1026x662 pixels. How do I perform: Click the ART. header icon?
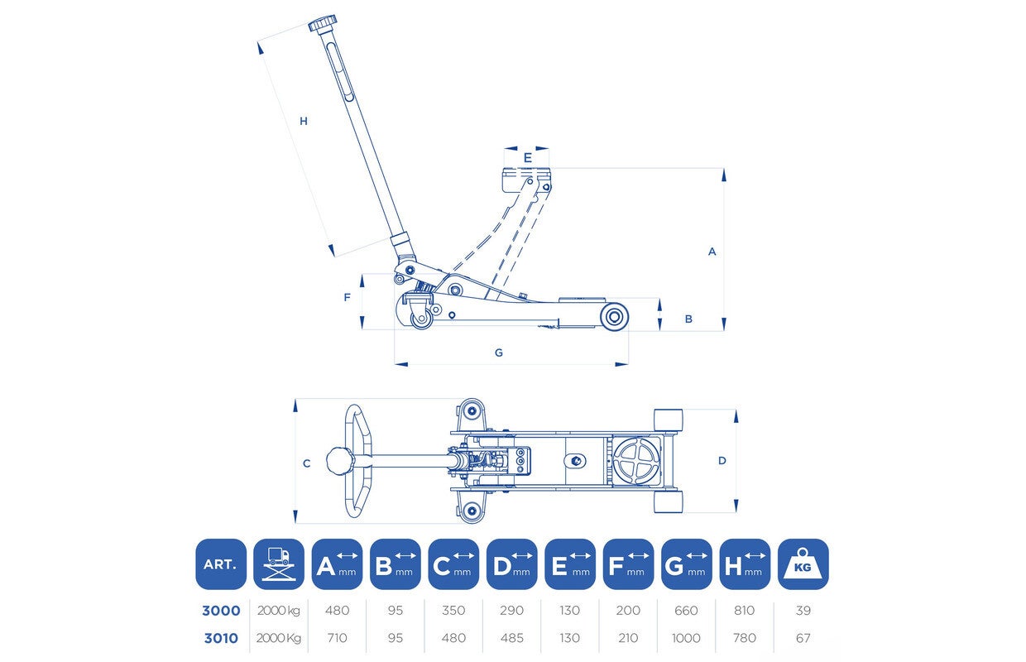[x=221, y=564]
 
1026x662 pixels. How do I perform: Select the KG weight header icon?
[x=803, y=564]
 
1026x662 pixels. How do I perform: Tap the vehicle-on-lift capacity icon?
[x=279, y=564]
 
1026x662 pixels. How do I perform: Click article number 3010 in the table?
[x=221, y=638]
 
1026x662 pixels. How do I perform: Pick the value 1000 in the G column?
[x=686, y=638]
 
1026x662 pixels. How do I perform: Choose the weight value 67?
[x=803, y=638]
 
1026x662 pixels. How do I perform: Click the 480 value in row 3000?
[x=337, y=611]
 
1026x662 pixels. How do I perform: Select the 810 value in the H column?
[x=745, y=611]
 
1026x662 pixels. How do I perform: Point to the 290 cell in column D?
[x=511, y=611]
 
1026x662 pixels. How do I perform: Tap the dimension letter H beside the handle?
[x=303, y=121]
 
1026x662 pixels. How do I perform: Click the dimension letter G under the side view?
[x=499, y=353]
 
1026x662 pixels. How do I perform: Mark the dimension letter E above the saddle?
[x=528, y=158]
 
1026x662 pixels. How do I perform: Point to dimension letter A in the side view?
[x=712, y=252]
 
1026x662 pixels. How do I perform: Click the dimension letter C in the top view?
[x=307, y=463]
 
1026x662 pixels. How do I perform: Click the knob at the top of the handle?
[x=323, y=23]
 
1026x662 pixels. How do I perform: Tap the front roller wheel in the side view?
[x=614, y=317]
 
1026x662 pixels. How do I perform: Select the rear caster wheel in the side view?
[x=421, y=319]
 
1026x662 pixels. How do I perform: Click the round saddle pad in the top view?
[x=636, y=461]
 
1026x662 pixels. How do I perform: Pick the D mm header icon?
[x=511, y=564]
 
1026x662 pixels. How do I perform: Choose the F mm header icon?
[x=628, y=564]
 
